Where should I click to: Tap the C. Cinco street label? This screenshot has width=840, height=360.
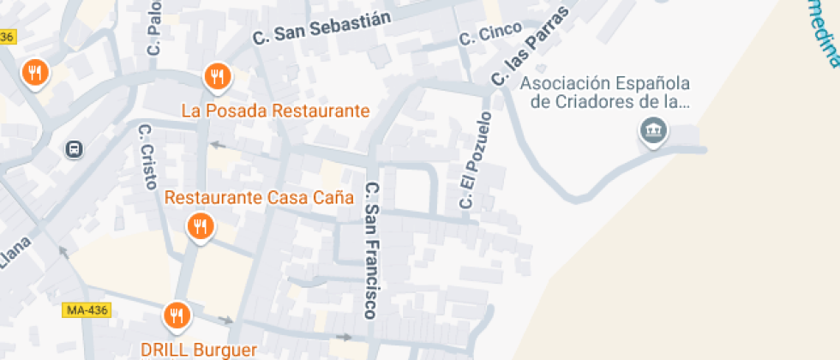tap(490, 35)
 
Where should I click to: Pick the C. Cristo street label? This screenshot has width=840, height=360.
tap(147, 156)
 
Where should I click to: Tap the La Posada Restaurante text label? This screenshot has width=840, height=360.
tap(275, 111)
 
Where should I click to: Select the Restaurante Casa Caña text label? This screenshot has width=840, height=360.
tap(259, 197)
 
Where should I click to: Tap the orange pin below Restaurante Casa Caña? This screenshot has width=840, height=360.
tap(200, 227)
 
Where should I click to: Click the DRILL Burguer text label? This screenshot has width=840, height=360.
tap(199, 350)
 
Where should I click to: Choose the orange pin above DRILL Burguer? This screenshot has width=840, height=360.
tap(177, 316)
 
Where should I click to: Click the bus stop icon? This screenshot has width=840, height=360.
tap(75, 149)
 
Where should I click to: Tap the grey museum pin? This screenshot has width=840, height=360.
tap(654, 131)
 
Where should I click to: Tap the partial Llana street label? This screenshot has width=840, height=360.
tap(15, 254)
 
